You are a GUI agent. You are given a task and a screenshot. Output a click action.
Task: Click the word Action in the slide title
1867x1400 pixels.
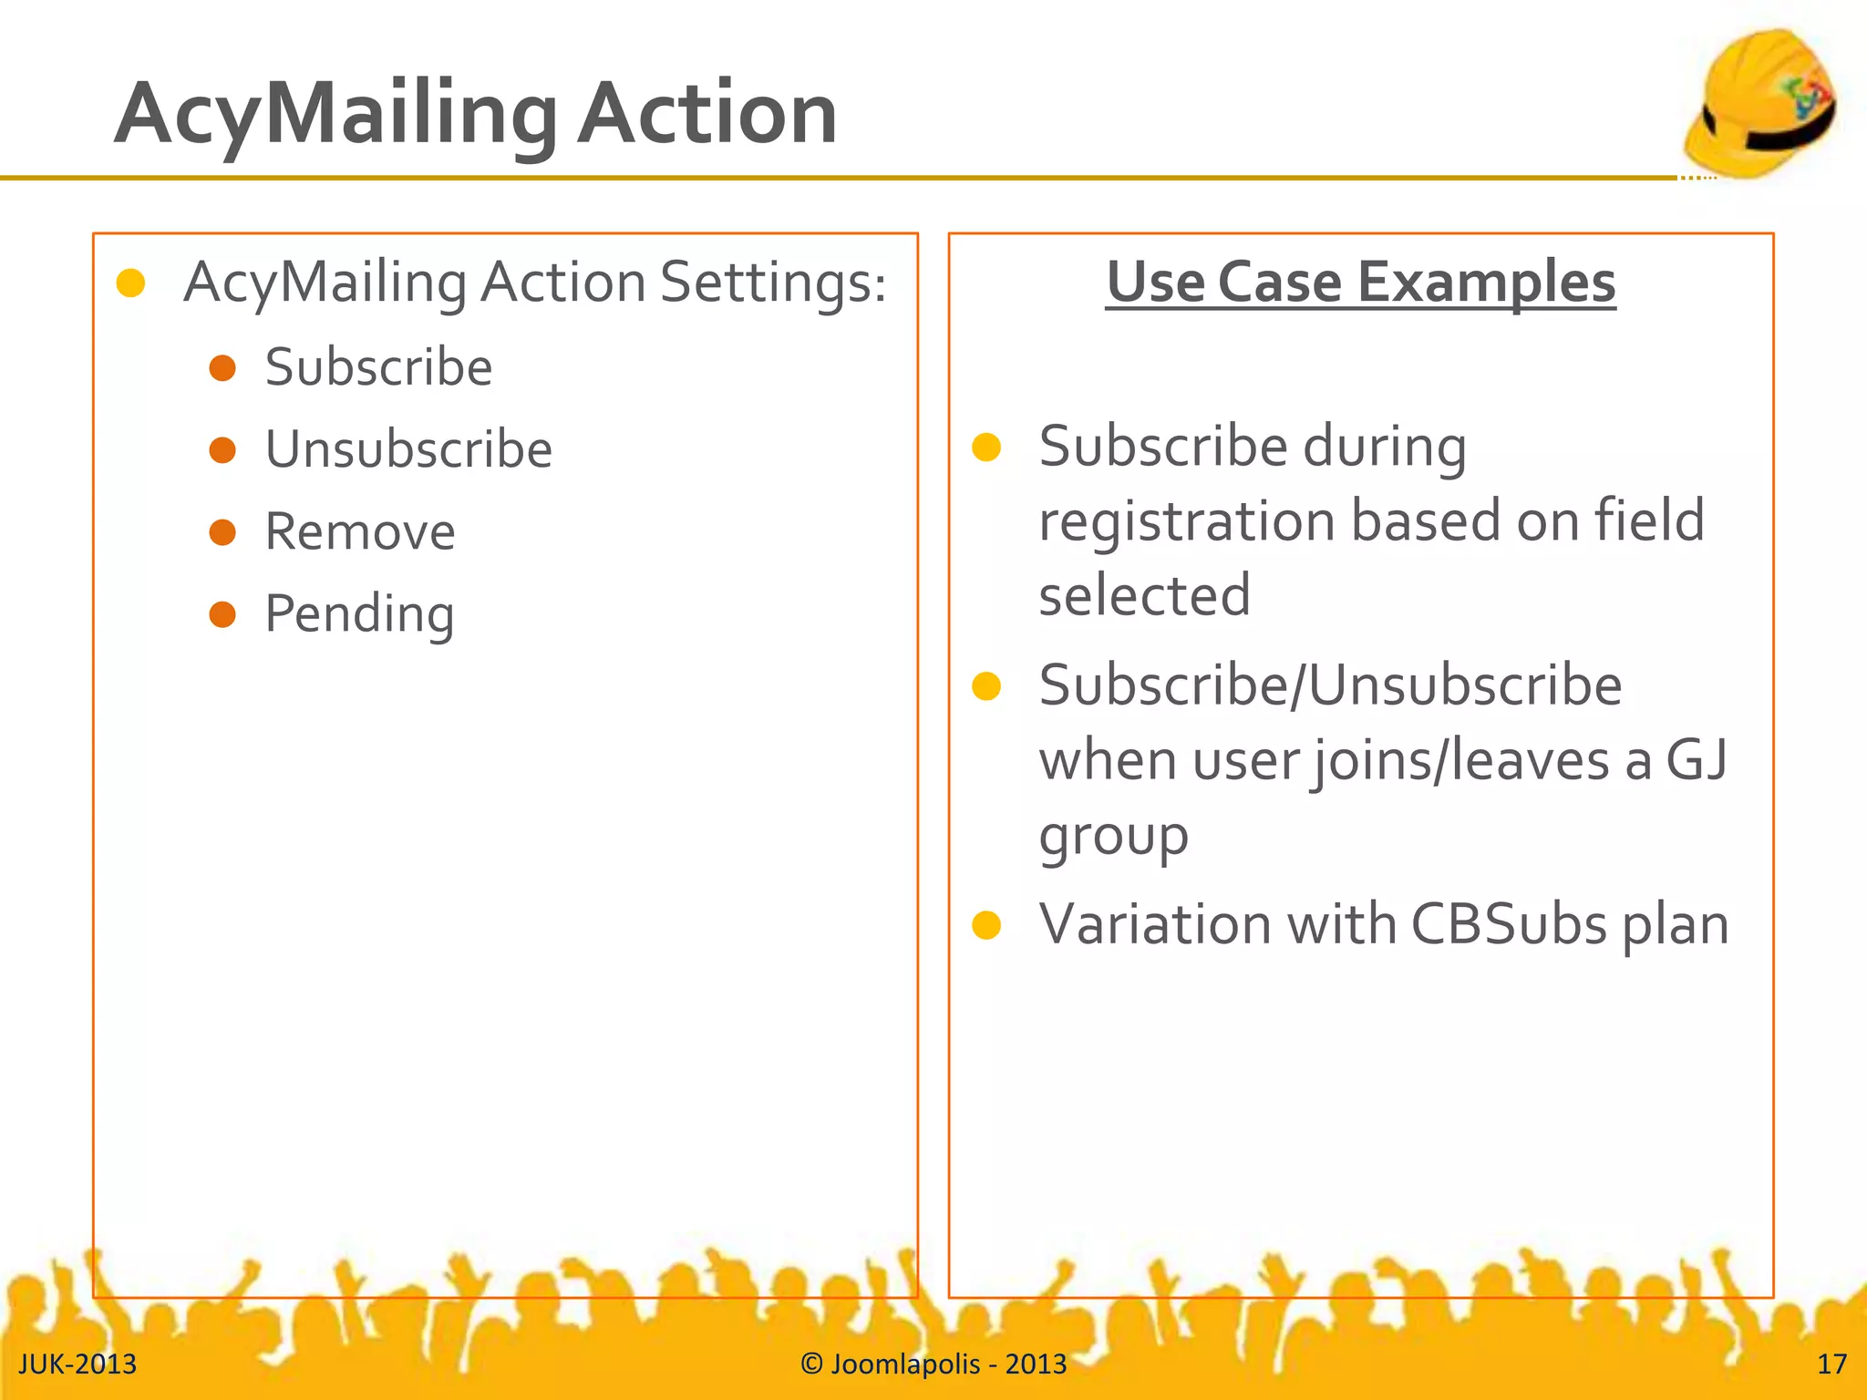707,114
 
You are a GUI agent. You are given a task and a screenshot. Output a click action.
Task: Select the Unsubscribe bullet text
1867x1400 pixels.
408,449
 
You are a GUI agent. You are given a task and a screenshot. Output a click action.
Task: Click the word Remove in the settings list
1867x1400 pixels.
360,531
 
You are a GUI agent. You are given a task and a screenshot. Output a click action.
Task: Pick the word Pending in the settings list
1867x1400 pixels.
359,614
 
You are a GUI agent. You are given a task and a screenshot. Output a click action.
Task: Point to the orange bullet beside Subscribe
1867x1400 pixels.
222,368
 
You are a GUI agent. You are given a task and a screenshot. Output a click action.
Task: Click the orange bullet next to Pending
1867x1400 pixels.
222,614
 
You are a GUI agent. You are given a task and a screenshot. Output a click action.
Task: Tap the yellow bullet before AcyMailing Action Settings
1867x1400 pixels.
131,283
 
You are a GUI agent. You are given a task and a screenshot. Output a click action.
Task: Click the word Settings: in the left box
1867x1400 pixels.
773,283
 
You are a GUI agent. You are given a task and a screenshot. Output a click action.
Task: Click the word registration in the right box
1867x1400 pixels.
1187,521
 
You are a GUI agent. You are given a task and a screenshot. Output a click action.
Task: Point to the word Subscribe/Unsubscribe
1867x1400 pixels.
1330,685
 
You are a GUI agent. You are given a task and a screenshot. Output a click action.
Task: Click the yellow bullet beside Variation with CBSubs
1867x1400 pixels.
986,925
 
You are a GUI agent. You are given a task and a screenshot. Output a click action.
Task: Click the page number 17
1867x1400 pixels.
1831,1364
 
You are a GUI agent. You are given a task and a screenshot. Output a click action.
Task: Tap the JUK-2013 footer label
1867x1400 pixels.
77,1364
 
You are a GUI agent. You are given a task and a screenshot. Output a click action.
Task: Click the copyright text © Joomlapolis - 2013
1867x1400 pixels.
933,1364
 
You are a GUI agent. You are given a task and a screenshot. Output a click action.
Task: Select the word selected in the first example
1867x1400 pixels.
1144,596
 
